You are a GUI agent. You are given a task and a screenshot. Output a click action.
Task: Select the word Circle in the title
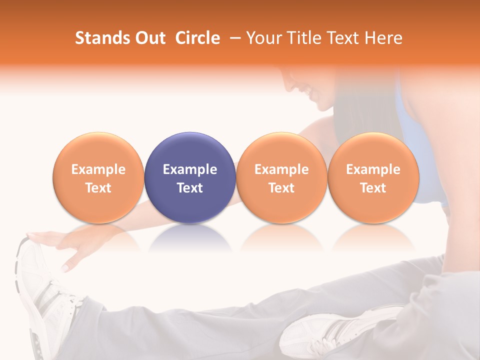tap(197, 38)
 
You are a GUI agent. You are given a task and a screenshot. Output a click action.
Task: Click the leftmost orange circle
tap(98, 177)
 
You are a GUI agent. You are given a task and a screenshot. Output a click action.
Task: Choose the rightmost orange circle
tap(373, 177)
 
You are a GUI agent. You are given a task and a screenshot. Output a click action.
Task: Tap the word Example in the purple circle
tap(190, 169)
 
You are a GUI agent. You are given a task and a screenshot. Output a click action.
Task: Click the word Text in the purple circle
tap(190, 188)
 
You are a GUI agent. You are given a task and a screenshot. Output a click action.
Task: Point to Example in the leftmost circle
tap(98, 169)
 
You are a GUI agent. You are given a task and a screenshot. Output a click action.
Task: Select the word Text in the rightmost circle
tap(373, 188)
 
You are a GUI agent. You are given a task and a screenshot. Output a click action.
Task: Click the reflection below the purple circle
tap(190, 237)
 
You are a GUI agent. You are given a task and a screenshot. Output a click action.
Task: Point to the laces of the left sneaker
tap(55, 295)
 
